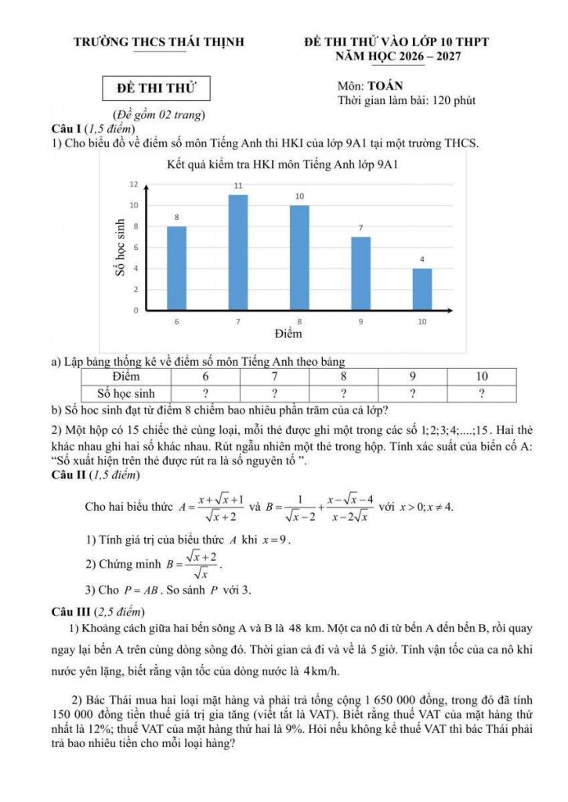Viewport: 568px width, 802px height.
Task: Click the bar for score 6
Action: pyautogui.click(x=176, y=268)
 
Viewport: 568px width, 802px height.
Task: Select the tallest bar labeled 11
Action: pyautogui.click(x=238, y=252)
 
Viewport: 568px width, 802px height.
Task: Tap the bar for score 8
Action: pyautogui.click(x=299, y=258)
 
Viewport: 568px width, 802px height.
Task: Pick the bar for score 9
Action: pyautogui.click(x=360, y=273)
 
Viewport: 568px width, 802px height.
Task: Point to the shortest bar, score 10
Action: pyautogui.click(x=421, y=289)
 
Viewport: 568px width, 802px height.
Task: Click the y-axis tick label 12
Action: pyautogui.click(x=133, y=184)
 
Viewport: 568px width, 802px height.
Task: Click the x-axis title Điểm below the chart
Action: pyautogui.click(x=288, y=334)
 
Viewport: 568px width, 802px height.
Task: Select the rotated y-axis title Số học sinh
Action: pyautogui.click(x=120, y=247)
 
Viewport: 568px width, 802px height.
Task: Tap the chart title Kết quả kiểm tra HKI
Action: pyautogui.click(x=283, y=165)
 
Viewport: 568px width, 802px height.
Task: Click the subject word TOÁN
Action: pyautogui.click(x=386, y=86)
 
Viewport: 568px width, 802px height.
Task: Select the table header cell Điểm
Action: pyautogui.click(x=126, y=377)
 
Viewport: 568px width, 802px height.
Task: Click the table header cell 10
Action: pyautogui.click(x=481, y=377)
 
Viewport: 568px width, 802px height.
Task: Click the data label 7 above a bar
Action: pyautogui.click(x=361, y=228)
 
